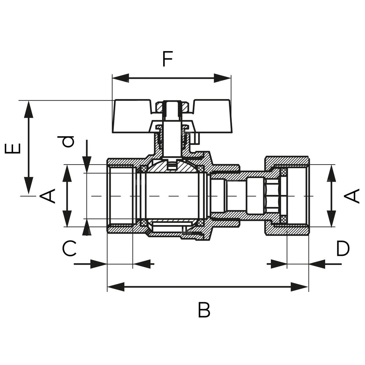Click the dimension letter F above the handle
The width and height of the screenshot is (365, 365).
(x=167, y=59)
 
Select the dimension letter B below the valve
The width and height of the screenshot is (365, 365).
(x=204, y=310)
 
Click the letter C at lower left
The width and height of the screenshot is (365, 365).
(x=69, y=249)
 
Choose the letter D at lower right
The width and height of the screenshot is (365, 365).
(x=343, y=249)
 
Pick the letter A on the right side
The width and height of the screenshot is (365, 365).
(x=352, y=196)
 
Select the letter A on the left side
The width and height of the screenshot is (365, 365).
(x=47, y=196)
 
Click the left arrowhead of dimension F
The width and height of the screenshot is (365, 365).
(x=120, y=78)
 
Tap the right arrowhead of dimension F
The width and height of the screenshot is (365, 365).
(x=223, y=78)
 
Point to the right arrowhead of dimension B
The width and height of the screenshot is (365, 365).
(x=300, y=287)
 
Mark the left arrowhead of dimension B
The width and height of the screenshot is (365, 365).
(x=116, y=287)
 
